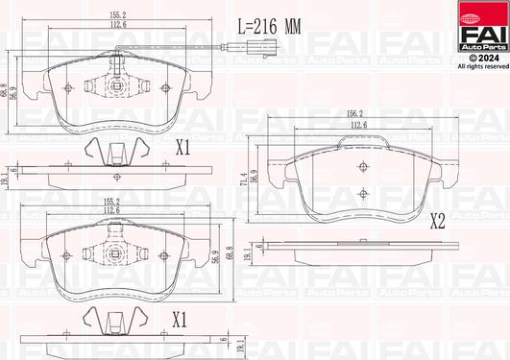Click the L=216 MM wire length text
(270, 26)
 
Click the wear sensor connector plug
(262, 48)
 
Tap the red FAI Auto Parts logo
(484, 26)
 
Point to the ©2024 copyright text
(484, 58)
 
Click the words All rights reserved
(483, 66)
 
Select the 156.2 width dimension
(354, 113)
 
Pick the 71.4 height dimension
(244, 180)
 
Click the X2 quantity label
(437, 222)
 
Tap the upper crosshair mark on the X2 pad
(363, 167)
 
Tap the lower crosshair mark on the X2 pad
(363, 194)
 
